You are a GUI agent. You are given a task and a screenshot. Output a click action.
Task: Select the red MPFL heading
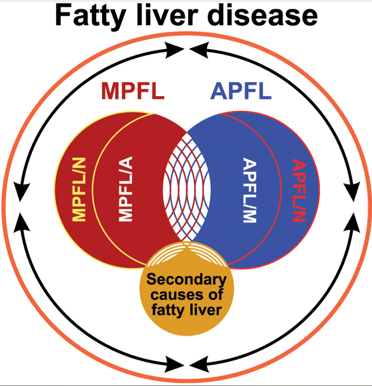[133, 91]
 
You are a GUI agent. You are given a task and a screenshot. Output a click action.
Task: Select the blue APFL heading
[241, 91]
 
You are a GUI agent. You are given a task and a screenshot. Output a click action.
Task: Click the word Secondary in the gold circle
[186, 281]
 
